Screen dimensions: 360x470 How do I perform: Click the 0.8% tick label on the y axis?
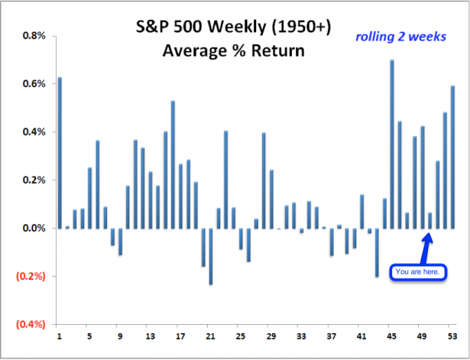[34, 36]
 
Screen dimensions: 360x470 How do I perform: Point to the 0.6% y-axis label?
[34, 84]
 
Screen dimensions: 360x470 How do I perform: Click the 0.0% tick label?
[34, 229]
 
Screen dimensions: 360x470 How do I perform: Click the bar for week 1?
[60, 153]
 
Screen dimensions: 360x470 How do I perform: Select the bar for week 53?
[452, 157]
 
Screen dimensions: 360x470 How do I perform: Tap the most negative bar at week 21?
[211, 256]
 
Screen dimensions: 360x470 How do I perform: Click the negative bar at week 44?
[377, 252]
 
